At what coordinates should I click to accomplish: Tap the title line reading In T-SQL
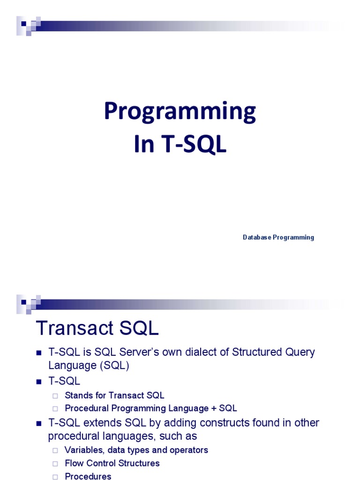pos(180,145)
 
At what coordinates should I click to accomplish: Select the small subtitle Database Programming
pos(278,237)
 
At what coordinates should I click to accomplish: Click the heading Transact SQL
pos(97,329)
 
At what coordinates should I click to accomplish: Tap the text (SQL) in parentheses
pos(111,366)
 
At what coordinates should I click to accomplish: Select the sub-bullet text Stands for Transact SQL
pos(114,395)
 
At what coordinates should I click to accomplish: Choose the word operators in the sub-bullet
pos(186,450)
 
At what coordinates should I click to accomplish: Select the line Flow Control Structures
pos(112,463)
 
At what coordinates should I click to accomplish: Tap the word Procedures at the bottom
pos(88,476)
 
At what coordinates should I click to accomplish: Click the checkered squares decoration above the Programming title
pos(27,25)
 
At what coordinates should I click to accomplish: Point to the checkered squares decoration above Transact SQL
pos(27,304)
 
